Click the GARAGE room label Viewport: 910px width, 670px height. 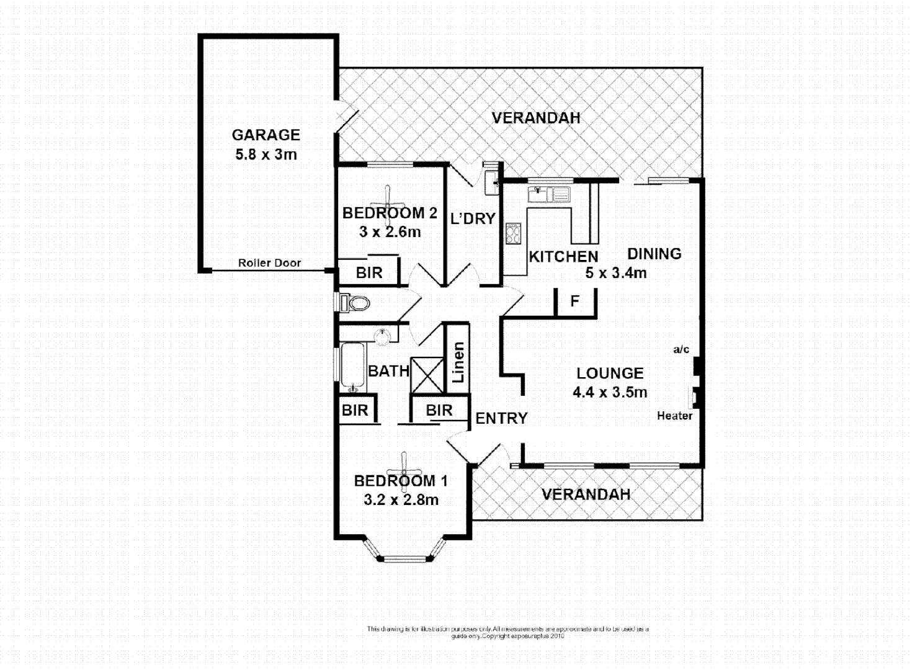pos(265,135)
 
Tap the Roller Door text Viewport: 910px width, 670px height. pos(269,263)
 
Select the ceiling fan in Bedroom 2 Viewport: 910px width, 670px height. pos(388,205)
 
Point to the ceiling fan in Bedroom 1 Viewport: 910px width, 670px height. pos(404,471)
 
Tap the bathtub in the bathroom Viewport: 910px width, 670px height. pos(352,367)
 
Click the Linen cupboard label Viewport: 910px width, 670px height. pos(458,362)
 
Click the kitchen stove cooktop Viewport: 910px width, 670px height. pos(513,233)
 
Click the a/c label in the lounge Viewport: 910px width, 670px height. pos(681,350)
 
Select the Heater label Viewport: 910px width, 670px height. pos(674,416)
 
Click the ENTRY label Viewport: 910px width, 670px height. pos(501,419)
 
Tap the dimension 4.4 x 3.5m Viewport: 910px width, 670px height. pos(610,392)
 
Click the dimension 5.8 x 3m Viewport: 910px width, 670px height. pos(265,154)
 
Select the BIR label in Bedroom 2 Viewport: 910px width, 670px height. pos(369,273)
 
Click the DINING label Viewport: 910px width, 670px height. pos(654,254)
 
